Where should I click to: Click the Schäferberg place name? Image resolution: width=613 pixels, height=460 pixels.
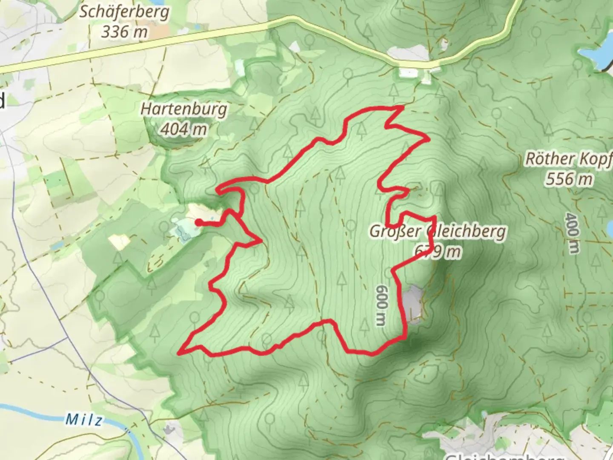124,12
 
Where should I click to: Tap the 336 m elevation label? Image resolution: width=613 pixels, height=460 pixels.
124,32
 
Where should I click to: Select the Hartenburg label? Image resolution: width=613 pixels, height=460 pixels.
183,109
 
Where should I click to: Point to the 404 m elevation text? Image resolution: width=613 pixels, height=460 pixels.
183,129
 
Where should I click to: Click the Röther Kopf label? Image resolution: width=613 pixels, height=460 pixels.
569,158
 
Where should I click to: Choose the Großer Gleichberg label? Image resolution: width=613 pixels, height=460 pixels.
438,231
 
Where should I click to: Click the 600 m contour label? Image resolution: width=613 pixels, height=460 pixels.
381,305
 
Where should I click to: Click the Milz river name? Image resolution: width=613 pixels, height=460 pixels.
84,420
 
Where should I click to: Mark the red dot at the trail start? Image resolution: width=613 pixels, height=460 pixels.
198,221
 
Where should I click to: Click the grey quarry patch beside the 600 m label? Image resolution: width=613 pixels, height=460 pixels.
414,303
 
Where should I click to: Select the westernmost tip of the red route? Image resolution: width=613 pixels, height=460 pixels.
179,353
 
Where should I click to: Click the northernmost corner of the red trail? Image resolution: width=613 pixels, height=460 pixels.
402,107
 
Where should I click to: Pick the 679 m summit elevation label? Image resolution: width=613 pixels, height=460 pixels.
438,252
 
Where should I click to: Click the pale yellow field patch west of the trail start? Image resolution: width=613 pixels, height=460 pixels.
119,241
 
